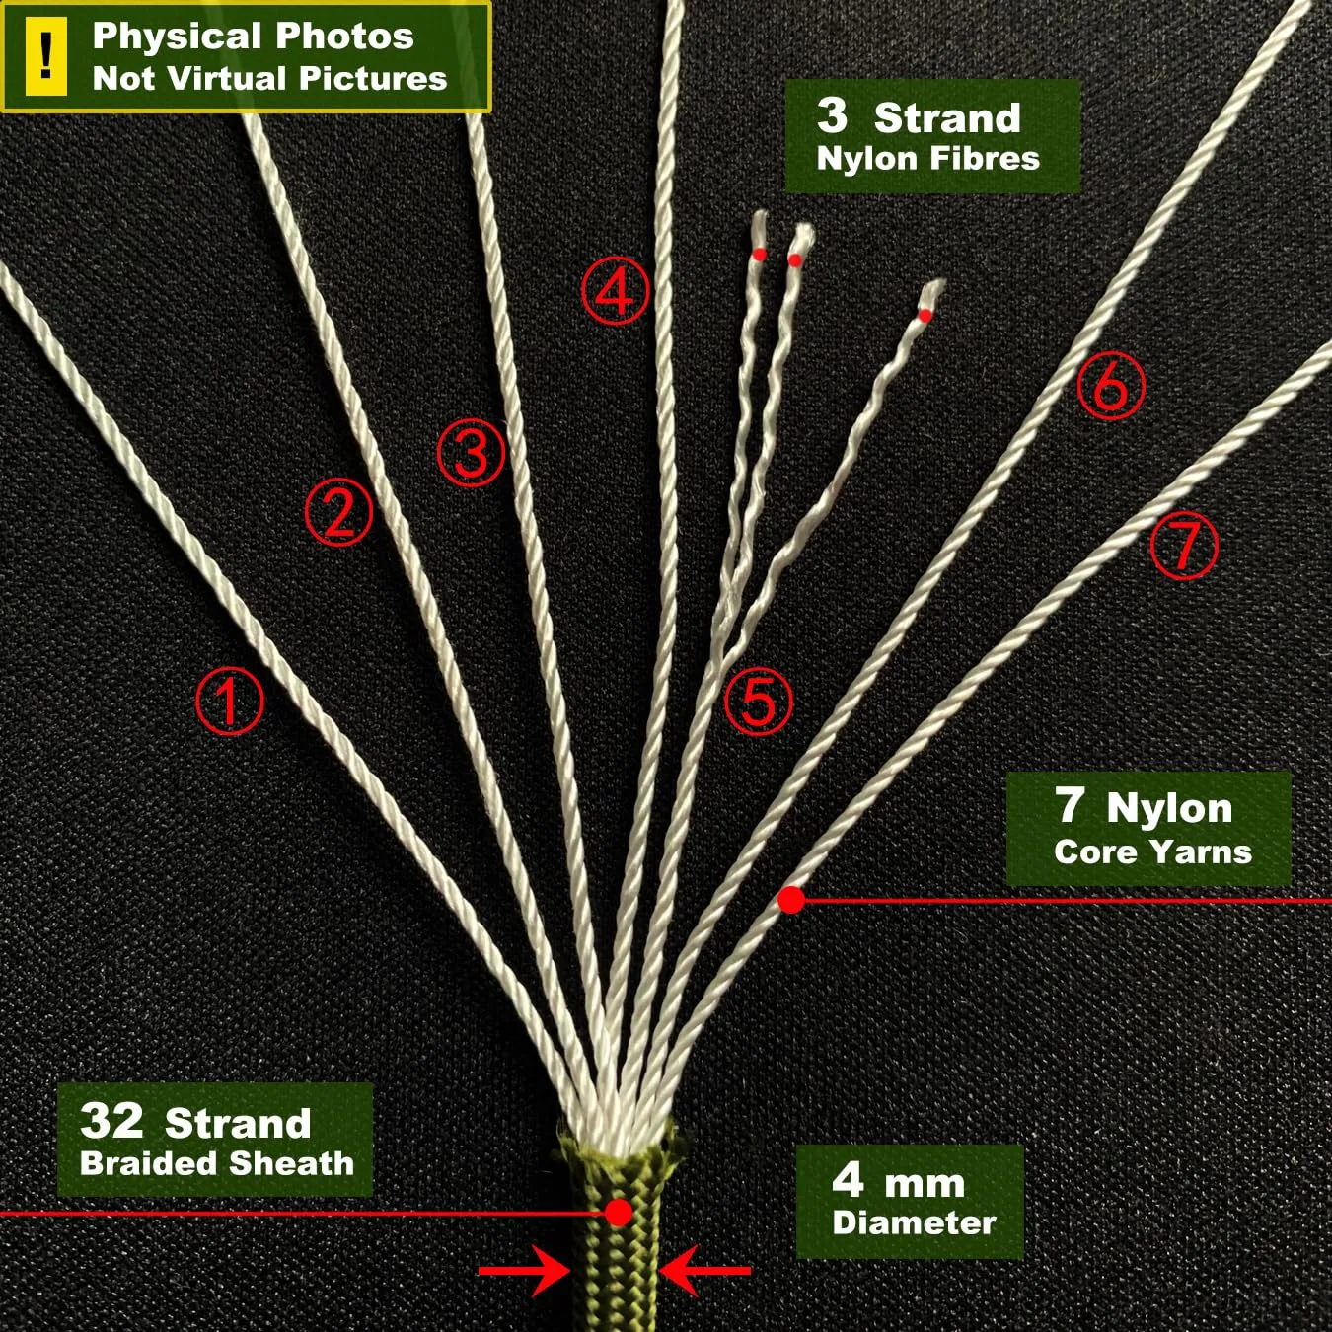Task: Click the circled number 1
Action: pyautogui.click(x=230, y=701)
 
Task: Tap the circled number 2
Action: pyautogui.click(x=338, y=512)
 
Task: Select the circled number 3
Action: pyautogui.click(x=472, y=453)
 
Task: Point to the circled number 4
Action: pyautogui.click(x=616, y=291)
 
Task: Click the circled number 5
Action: pyautogui.click(x=759, y=701)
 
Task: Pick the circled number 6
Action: pyautogui.click(x=1111, y=386)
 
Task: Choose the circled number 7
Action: pyautogui.click(x=1184, y=546)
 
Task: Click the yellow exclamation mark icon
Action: pyautogui.click(x=46, y=56)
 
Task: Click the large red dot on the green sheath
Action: pyautogui.click(x=618, y=1212)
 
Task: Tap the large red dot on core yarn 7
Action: pyautogui.click(x=791, y=900)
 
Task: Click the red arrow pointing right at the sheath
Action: pyautogui.click(x=524, y=1271)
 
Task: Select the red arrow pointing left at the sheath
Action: pyautogui.click(x=705, y=1271)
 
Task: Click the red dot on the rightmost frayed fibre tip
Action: pyautogui.click(x=925, y=316)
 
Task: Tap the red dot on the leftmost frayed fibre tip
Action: pyautogui.click(x=760, y=255)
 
